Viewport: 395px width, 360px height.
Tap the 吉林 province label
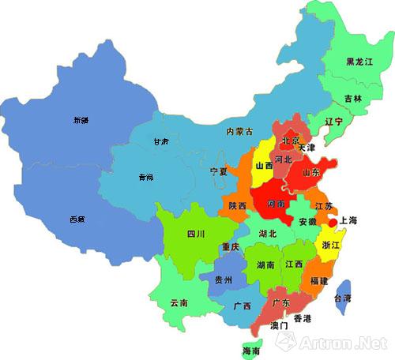(x=353, y=99)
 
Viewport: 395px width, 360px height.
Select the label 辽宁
(x=333, y=122)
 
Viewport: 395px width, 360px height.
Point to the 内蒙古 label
(x=239, y=131)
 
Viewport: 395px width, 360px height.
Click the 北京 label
(x=292, y=141)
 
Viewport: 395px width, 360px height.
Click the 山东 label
(x=311, y=171)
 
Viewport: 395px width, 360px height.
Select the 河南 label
(x=277, y=204)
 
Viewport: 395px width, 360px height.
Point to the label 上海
(x=348, y=222)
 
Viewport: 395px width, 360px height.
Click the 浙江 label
(x=332, y=246)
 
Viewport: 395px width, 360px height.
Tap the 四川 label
(x=196, y=234)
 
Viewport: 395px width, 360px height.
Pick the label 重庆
(x=231, y=247)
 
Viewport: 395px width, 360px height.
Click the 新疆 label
(x=81, y=121)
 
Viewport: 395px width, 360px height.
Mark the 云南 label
(x=179, y=302)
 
